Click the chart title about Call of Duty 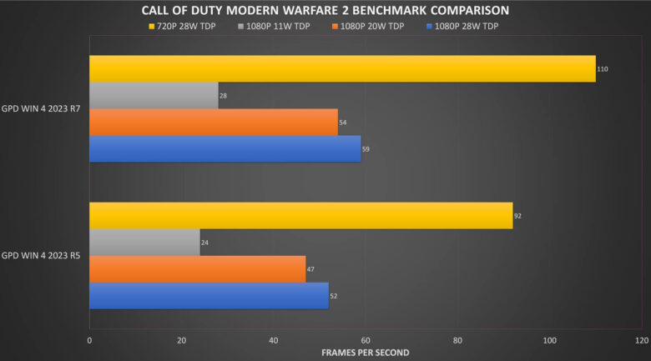tap(325, 11)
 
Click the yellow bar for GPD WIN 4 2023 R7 tap(342, 68)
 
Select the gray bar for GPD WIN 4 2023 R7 tap(154, 96)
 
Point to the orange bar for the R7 tap(213, 122)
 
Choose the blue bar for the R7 tap(225, 149)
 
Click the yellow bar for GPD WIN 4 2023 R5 tap(300, 215)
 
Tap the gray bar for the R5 tap(144, 242)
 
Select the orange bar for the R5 tap(197, 268)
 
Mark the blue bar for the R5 tap(209, 295)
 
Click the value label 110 tap(603, 69)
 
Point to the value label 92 tap(518, 216)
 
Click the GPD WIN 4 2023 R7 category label tap(43, 109)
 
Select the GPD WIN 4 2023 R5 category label tap(43, 256)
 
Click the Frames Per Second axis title tap(365, 353)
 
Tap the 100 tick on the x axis tap(549, 341)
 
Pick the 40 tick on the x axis tap(273, 341)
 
